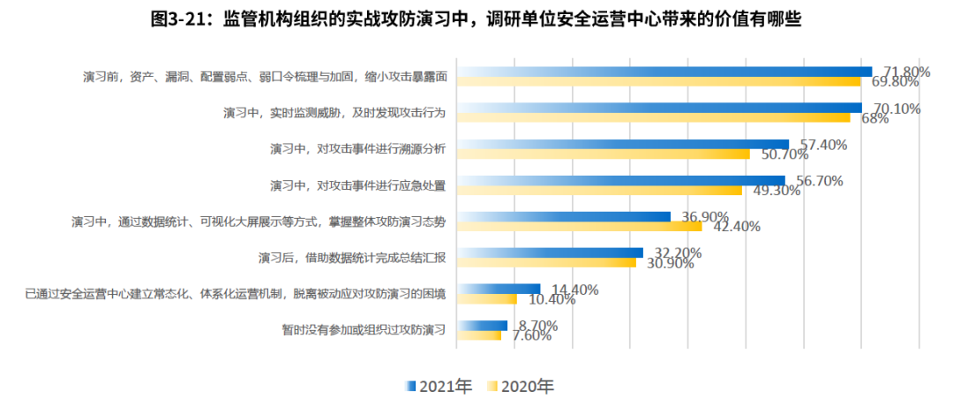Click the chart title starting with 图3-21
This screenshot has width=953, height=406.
click(476, 20)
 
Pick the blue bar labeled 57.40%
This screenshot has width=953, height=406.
click(625, 144)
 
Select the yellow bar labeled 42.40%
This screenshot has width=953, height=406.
click(581, 226)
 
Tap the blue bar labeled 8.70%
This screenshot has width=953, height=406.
click(484, 326)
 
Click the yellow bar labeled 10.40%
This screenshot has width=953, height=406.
click(489, 299)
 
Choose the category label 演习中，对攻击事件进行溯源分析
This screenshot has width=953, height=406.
click(358, 149)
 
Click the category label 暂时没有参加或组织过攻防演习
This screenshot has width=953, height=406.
click(363, 330)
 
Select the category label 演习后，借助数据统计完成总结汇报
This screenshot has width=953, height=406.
click(351, 258)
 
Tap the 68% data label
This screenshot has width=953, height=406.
click(870, 118)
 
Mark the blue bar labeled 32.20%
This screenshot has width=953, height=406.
click(552, 252)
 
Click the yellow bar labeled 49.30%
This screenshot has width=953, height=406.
click(602, 190)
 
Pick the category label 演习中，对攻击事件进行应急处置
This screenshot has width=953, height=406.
click(358, 185)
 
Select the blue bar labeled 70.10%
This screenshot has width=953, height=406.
click(662, 108)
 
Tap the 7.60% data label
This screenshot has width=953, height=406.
click(531, 335)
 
